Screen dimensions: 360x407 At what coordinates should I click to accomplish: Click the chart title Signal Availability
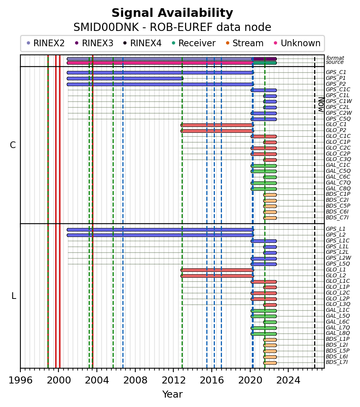click(x=172, y=13)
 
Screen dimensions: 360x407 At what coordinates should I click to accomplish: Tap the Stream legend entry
click(x=245, y=43)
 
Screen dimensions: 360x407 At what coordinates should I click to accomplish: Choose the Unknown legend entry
click(x=297, y=43)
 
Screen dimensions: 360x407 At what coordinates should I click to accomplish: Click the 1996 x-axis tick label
click(x=20, y=380)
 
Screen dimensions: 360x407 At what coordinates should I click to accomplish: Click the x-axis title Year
click(x=172, y=394)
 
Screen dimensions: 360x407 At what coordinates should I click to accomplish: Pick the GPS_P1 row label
click(x=336, y=78)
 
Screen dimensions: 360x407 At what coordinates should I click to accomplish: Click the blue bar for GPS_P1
click(x=125, y=78)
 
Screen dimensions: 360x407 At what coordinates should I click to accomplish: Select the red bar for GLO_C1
click(x=217, y=125)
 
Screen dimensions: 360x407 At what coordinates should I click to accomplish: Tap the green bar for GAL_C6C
click(x=270, y=177)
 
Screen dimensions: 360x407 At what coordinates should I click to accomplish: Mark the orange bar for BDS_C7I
click(x=270, y=218)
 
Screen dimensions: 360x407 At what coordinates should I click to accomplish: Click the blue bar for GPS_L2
click(x=160, y=235)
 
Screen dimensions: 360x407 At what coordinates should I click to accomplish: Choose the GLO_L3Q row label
click(x=338, y=304)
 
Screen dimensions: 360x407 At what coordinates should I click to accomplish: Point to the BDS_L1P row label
click(x=338, y=339)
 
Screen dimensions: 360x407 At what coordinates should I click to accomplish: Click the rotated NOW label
click(x=322, y=105)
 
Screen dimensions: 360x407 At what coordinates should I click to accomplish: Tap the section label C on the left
click(x=13, y=145)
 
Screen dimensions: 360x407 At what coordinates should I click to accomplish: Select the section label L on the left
click(x=14, y=296)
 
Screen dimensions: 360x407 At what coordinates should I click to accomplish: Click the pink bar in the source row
click(x=160, y=63)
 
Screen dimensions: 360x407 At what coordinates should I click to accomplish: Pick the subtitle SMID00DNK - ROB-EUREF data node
click(x=172, y=27)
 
